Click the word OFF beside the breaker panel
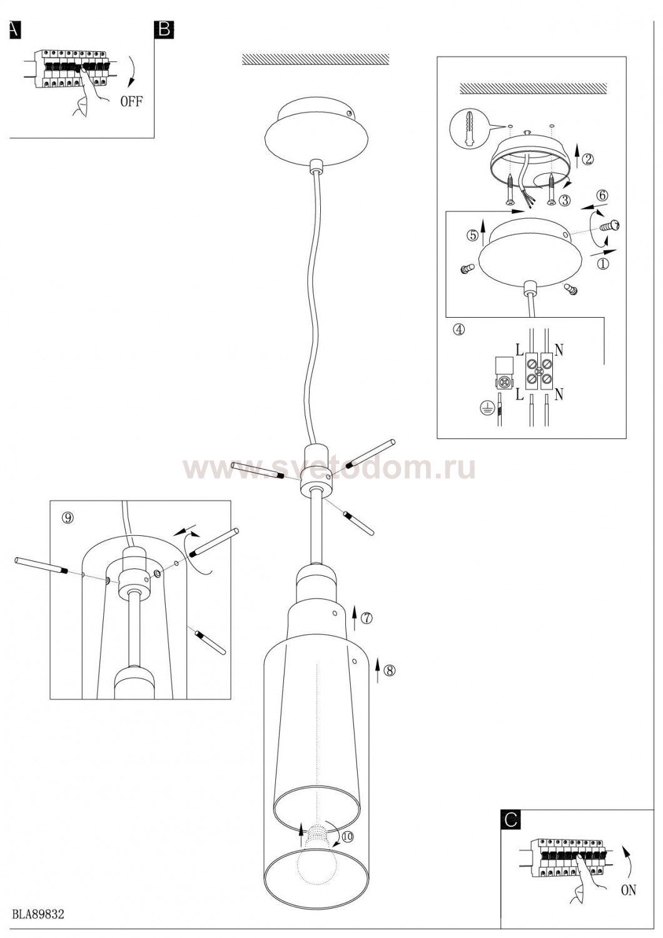coord(131,101)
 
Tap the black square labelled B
coord(164,30)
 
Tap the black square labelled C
coord(511,819)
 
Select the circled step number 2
coord(588,159)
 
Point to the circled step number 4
coord(460,329)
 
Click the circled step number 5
coord(473,236)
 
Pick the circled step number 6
coord(602,195)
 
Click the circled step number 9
coord(67,518)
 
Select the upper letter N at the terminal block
coord(559,350)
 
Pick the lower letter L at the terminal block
coord(519,395)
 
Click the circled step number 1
coord(602,264)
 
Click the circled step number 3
coord(565,200)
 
